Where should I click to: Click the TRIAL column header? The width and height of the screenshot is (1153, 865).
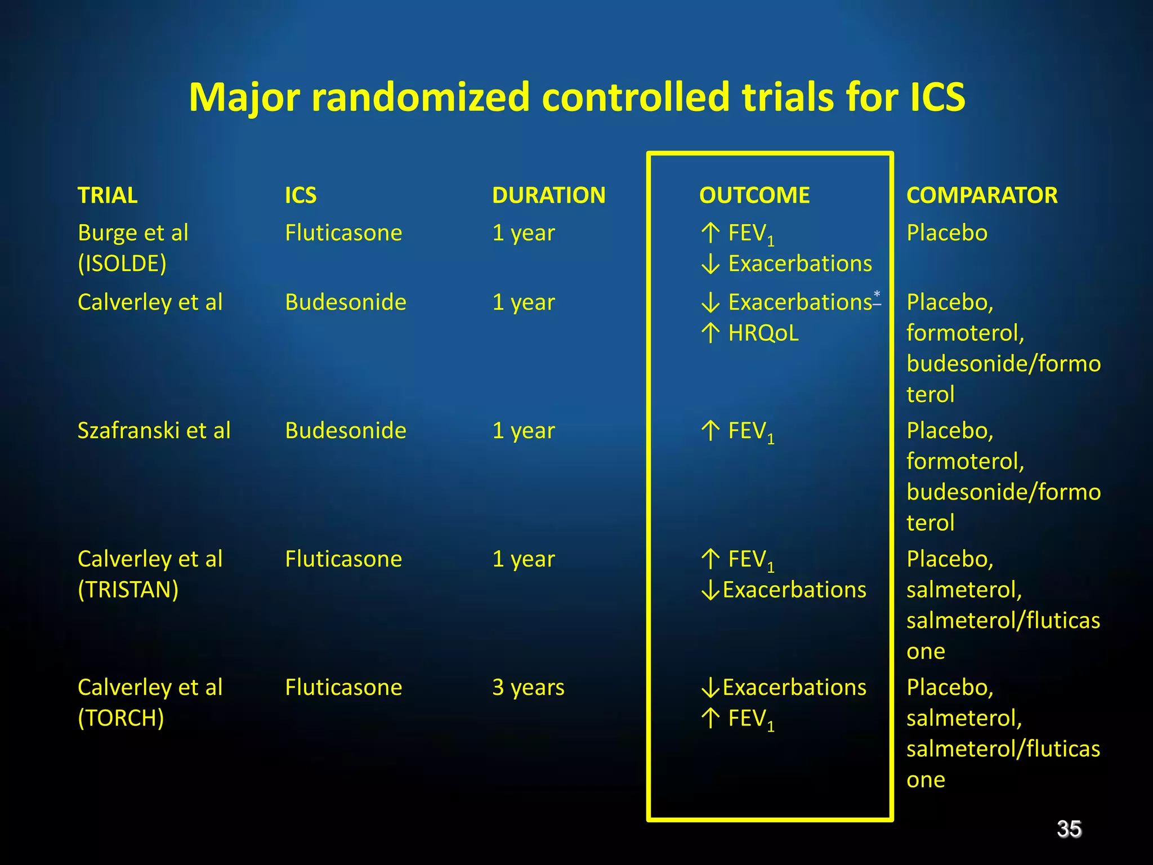(x=108, y=195)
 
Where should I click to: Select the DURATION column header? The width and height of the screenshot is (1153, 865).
(x=548, y=195)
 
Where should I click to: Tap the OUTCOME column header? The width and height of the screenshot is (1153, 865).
(x=754, y=195)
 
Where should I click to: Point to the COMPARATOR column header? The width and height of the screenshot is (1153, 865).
(x=981, y=195)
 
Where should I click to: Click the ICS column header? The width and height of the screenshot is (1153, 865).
(x=301, y=195)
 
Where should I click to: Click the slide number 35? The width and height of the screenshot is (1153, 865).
(x=1069, y=829)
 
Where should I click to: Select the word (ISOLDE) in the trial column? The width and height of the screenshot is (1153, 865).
(x=122, y=264)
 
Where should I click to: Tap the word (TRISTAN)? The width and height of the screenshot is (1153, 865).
(x=128, y=590)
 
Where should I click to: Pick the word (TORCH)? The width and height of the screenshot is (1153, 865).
(x=121, y=718)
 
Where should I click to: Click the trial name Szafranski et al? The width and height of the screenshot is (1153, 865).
(x=154, y=431)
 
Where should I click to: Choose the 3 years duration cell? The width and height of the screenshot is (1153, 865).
(x=528, y=688)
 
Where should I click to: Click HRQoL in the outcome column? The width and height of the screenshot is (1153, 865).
(x=763, y=333)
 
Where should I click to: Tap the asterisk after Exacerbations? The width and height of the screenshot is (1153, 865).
(x=877, y=294)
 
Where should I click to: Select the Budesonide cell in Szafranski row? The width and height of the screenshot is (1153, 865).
(x=345, y=431)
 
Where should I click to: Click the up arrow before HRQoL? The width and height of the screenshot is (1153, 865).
(x=710, y=333)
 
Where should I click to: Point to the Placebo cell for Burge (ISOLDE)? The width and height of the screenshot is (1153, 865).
(x=946, y=233)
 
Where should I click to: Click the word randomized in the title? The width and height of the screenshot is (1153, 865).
(x=420, y=97)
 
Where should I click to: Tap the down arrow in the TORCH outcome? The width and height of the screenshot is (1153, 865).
(x=710, y=688)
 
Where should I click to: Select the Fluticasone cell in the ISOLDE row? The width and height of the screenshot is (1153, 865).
(x=343, y=233)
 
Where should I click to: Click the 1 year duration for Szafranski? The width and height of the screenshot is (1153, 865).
(x=523, y=431)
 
